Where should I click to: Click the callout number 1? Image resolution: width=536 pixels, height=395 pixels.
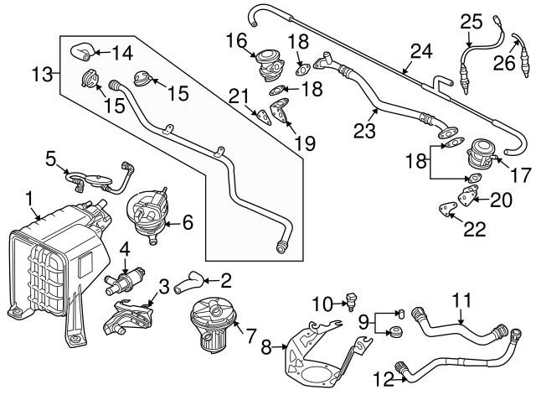pos(29,199)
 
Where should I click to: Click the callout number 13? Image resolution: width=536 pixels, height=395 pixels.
pos(42,75)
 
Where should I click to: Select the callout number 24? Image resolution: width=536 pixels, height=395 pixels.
pos(420,53)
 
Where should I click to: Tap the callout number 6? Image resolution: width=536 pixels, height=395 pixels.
pos(188,223)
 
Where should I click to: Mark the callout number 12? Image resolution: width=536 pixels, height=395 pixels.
pos(384,380)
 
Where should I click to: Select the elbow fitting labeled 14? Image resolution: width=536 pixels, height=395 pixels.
pos(84,50)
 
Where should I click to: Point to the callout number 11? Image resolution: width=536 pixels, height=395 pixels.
pos(462,299)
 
